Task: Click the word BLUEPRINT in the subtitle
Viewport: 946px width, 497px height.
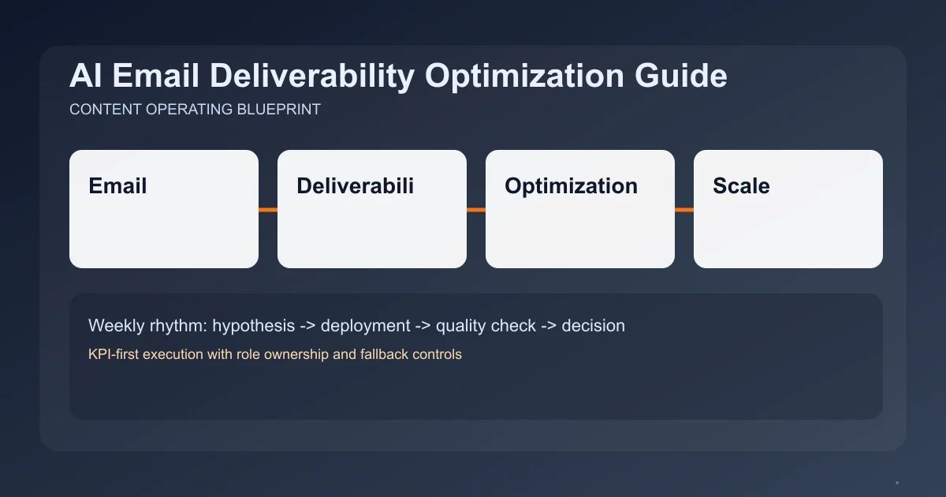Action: (278, 110)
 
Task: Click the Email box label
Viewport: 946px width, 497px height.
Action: (117, 186)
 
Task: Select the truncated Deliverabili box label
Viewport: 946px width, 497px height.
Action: (355, 186)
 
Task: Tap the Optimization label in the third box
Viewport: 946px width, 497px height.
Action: (571, 186)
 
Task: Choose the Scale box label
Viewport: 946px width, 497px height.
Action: (741, 186)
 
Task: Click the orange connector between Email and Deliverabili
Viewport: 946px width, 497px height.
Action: (268, 210)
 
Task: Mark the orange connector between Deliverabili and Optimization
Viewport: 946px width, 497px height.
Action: (476, 210)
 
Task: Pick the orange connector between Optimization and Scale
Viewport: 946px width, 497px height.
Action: (684, 210)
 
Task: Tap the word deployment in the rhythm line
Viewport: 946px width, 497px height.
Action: (365, 325)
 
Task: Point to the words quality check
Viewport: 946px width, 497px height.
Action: (486, 325)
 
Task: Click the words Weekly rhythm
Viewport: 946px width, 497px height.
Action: (147, 325)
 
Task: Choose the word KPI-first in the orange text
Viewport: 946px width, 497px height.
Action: (115, 354)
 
